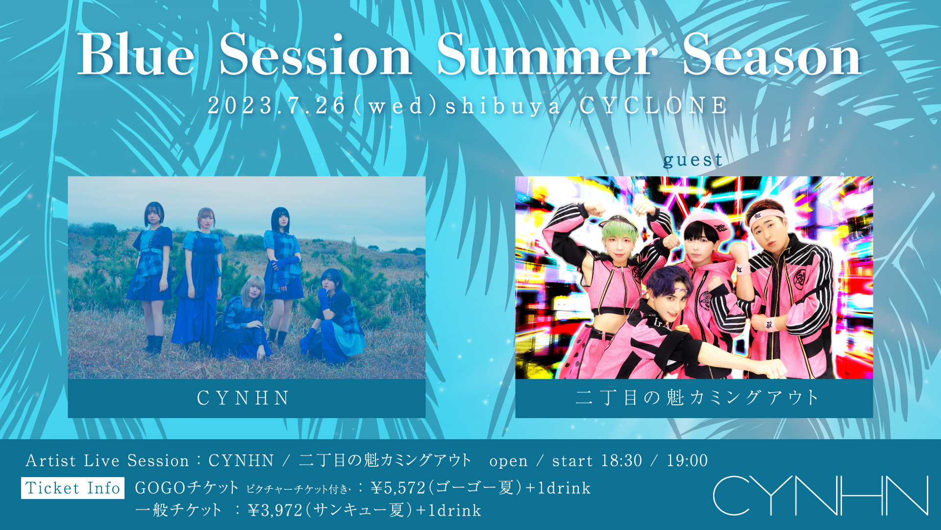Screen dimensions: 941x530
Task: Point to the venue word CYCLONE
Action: click(x=654, y=106)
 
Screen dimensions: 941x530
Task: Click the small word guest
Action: click(x=693, y=159)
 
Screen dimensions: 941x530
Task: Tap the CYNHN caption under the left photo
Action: click(x=243, y=398)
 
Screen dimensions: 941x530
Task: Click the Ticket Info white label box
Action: click(x=73, y=488)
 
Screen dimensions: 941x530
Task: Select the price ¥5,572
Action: click(x=398, y=488)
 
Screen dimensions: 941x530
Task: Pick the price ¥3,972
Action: click(x=275, y=511)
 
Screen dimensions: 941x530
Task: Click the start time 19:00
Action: click(x=687, y=460)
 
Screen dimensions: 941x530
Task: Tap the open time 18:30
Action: click(x=621, y=460)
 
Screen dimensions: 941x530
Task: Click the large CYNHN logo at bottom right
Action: click(x=820, y=495)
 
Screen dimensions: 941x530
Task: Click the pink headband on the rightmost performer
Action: click(x=767, y=217)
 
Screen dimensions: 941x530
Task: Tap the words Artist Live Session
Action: click(x=107, y=461)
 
